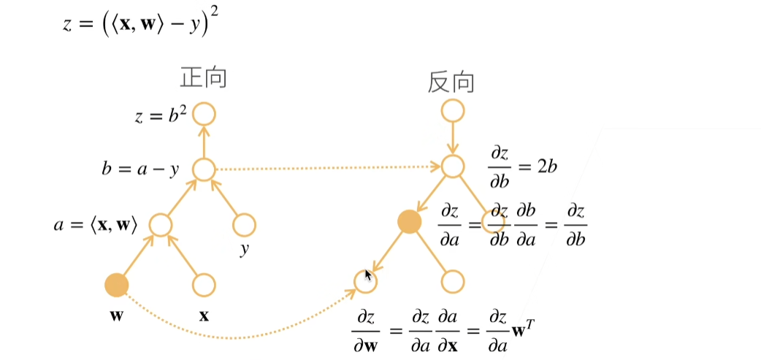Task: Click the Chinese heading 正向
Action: point(203,78)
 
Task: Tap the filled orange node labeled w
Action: point(116,284)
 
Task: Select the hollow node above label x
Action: point(204,284)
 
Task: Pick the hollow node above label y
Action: point(244,224)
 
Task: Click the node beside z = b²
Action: point(204,114)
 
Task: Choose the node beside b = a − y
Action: point(204,170)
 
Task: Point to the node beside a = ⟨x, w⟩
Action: point(161,224)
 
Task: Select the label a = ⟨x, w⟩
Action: point(95,225)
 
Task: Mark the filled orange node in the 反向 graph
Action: point(410,222)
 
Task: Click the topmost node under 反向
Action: point(452,111)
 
